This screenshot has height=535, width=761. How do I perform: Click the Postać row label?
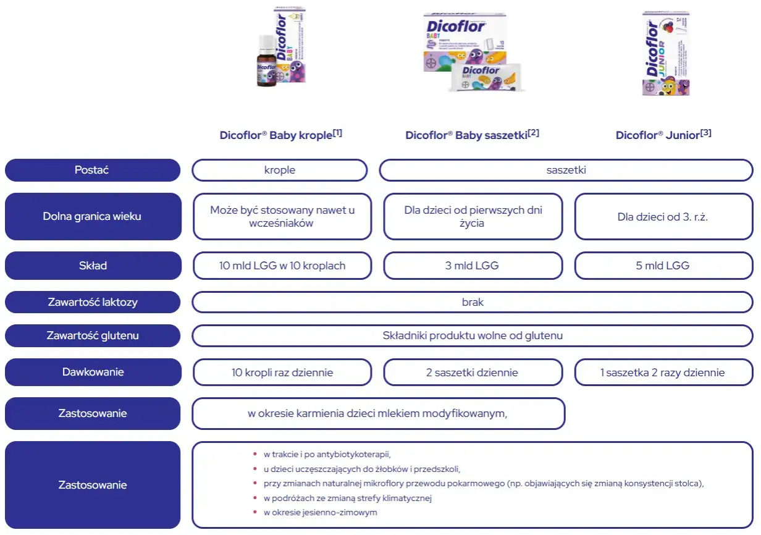[x=93, y=170]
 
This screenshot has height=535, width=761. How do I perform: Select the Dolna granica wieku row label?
[x=93, y=216]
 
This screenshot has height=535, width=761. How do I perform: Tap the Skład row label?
[x=93, y=266]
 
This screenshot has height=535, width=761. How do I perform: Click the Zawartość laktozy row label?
[x=93, y=302]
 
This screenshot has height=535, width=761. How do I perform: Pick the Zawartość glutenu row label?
[x=93, y=335]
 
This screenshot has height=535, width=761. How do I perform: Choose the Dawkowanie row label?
[x=93, y=372]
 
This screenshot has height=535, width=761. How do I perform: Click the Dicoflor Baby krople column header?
[x=276, y=135]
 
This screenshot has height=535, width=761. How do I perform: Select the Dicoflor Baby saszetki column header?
[x=467, y=135]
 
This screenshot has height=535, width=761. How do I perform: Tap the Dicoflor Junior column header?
[x=658, y=135]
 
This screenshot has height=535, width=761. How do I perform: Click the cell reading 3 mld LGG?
[x=473, y=266]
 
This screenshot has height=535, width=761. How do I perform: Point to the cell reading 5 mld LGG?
[x=663, y=266]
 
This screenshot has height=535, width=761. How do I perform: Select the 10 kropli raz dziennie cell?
[x=282, y=373]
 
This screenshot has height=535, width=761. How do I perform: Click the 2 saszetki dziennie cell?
[x=473, y=373]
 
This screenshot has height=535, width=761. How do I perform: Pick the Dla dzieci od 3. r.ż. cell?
[x=663, y=217]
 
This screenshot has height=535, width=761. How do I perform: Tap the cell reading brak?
[x=473, y=302]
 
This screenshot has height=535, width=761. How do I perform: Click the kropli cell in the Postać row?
[x=279, y=170]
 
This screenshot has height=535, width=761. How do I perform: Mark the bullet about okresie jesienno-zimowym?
[x=320, y=512]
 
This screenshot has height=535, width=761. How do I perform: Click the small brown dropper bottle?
[x=266, y=62]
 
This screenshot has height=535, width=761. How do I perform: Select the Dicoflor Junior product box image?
[x=666, y=54]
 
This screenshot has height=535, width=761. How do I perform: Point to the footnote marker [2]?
[x=533, y=132]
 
